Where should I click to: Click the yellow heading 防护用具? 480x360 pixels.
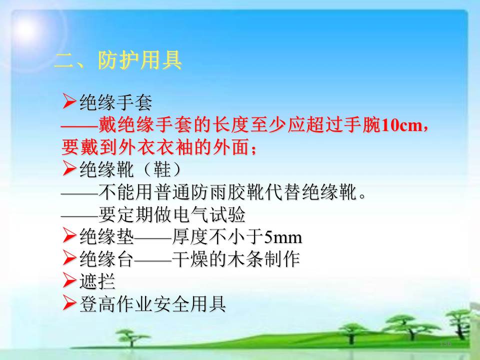(x=140, y=60)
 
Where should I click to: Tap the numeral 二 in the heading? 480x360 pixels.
(x=65, y=60)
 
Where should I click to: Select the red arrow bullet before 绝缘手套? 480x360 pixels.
(x=69, y=101)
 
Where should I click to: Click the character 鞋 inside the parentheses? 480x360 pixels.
(x=162, y=169)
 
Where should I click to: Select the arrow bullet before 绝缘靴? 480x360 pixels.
(x=69, y=168)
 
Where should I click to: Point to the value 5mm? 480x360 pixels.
(x=283, y=237)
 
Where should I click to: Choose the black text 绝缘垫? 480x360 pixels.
(x=106, y=236)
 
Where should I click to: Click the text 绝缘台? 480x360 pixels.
(x=106, y=259)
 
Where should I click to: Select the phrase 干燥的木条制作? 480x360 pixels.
(x=235, y=259)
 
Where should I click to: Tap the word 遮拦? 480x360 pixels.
(x=97, y=281)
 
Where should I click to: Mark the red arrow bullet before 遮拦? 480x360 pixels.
(x=69, y=280)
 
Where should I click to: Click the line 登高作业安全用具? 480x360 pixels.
(x=153, y=304)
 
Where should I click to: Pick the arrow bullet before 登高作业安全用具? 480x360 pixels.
(x=69, y=303)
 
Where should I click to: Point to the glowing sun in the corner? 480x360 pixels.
(x=26, y=29)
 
